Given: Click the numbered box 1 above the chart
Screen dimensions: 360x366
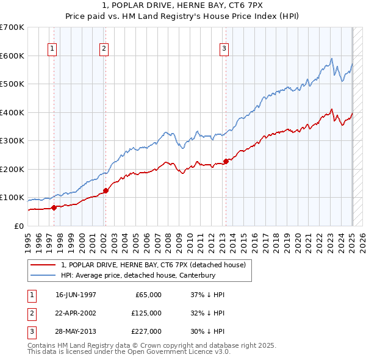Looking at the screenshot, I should click(52, 49).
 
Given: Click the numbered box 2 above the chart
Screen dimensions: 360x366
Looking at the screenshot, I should click(104, 49).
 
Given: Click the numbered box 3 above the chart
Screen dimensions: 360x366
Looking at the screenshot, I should click(224, 49).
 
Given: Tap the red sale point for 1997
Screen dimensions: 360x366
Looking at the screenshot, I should click(54, 207).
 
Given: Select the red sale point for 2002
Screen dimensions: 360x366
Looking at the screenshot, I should click(106, 190).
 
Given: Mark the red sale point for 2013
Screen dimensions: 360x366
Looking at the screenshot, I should click(226, 161).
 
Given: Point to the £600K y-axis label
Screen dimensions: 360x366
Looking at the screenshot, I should click(12, 56).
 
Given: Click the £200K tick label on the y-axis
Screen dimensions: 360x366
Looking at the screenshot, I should click(12, 169).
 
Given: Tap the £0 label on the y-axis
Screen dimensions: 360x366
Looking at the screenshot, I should click(18, 226).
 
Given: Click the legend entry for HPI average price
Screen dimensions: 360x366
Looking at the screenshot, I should click(138, 275).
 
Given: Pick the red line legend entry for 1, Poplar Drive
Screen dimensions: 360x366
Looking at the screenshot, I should click(153, 265).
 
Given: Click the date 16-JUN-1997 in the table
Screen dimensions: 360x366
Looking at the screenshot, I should click(76, 295).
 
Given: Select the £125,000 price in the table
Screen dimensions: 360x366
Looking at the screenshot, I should click(146, 312).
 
